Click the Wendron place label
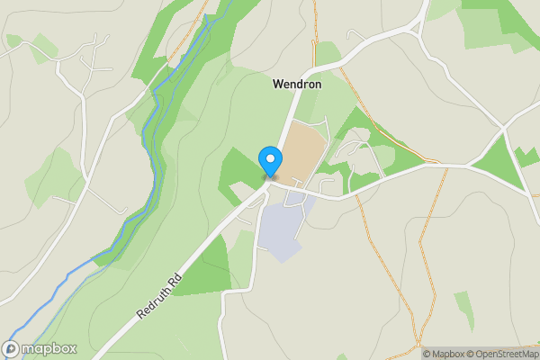[298, 84]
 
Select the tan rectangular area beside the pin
[302, 153]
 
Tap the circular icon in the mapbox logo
[13, 348]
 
